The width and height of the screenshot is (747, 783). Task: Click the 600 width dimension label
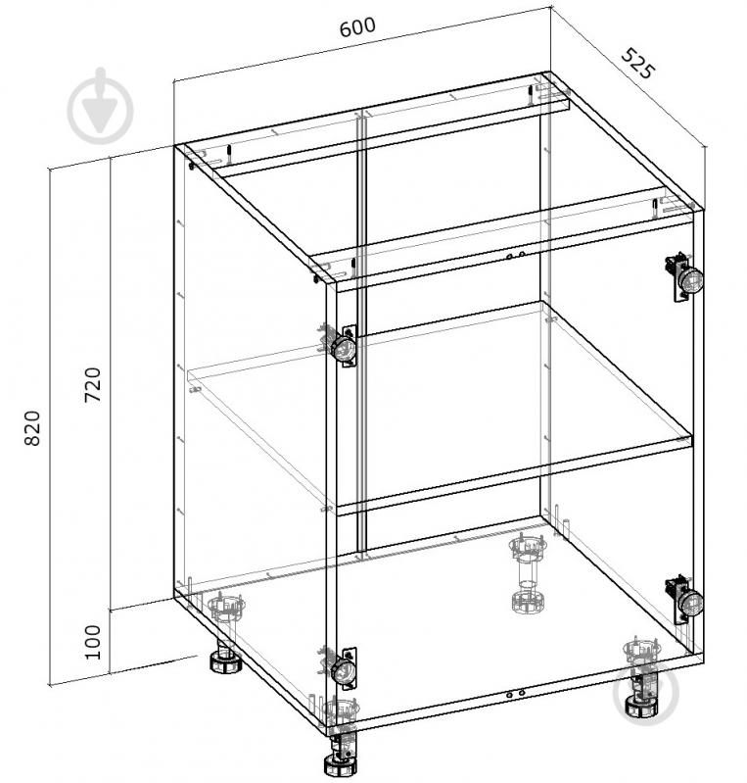(x=357, y=27)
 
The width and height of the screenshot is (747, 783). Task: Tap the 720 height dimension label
(x=93, y=384)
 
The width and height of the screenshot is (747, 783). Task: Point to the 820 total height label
(x=32, y=428)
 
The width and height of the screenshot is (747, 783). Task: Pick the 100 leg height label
(x=93, y=642)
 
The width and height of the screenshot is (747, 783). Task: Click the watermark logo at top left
(x=100, y=107)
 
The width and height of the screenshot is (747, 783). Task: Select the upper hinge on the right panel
(x=684, y=276)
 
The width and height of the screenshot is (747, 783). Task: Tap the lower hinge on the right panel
(x=684, y=599)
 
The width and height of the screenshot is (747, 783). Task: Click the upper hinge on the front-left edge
(x=341, y=346)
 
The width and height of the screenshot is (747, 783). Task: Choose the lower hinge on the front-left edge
(x=341, y=668)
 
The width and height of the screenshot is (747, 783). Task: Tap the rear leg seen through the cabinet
(x=527, y=574)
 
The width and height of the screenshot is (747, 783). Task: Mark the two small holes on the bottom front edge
(x=515, y=694)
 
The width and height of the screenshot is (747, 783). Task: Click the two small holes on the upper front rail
(x=515, y=256)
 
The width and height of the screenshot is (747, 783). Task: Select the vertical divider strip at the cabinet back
(x=362, y=329)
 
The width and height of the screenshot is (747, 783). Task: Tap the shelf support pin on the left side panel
(x=195, y=389)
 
